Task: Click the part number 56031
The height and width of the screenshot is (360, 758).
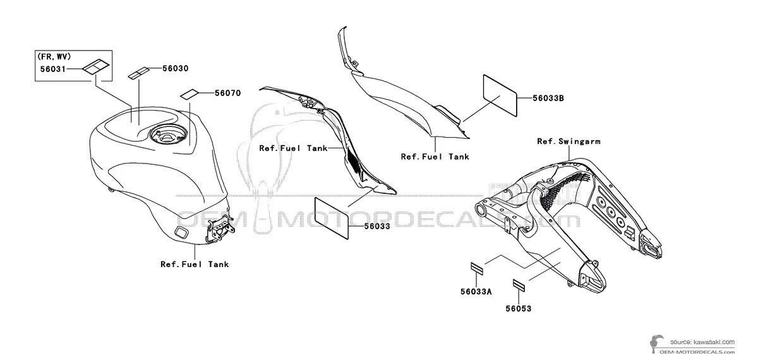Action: pyautogui.click(x=53, y=69)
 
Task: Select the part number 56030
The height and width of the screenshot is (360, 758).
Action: pyautogui.click(x=176, y=68)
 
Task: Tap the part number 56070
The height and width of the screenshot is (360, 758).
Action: pyautogui.click(x=228, y=93)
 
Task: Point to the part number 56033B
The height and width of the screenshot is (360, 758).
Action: pyautogui.click(x=548, y=98)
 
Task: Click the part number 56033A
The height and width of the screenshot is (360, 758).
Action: pyautogui.click(x=476, y=292)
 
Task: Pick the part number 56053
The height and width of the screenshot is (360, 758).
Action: pyautogui.click(x=519, y=309)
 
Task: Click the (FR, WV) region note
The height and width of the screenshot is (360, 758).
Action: pyautogui.click(x=54, y=56)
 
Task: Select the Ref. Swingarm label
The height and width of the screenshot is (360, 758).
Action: pyautogui.click(x=569, y=141)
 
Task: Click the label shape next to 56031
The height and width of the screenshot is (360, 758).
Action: pyautogui.click(x=96, y=66)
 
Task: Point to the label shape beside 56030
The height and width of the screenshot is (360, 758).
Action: pyautogui.click(x=138, y=73)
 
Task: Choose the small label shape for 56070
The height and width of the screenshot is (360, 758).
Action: pyautogui.click(x=189, y=94)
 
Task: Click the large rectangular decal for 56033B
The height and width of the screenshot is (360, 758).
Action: pyautogui.click(x=500, y=95)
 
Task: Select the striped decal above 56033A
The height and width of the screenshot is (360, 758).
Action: pyautogui.click(x=477, y=268)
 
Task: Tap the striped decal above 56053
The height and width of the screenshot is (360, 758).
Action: pyautogui.click(x=519, y=285)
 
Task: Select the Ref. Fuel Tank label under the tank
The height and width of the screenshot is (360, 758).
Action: pyautogui.click(x=195, y=264)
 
